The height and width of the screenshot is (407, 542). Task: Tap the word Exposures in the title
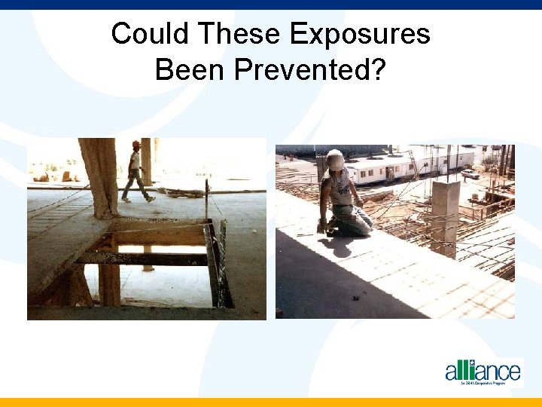click(x=360, y=34)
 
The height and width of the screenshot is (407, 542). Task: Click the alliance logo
click(x=483, y=372)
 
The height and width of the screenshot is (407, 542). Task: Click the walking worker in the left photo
click(x=135, y=172)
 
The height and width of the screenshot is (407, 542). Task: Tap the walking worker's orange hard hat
click(x=135, y=145)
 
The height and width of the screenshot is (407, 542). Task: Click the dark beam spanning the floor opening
click(x=143, y=258)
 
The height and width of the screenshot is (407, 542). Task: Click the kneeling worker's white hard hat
click(x=335, y=159)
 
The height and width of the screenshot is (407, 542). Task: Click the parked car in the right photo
click(x=470, y=173)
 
